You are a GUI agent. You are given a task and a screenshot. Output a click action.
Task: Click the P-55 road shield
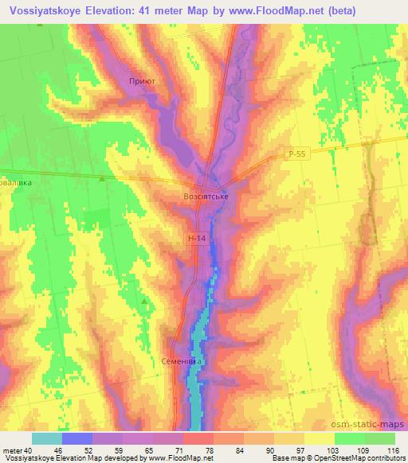[x=295, y=157]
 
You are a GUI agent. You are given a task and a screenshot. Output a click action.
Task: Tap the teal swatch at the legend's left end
[x=47, y=438]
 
